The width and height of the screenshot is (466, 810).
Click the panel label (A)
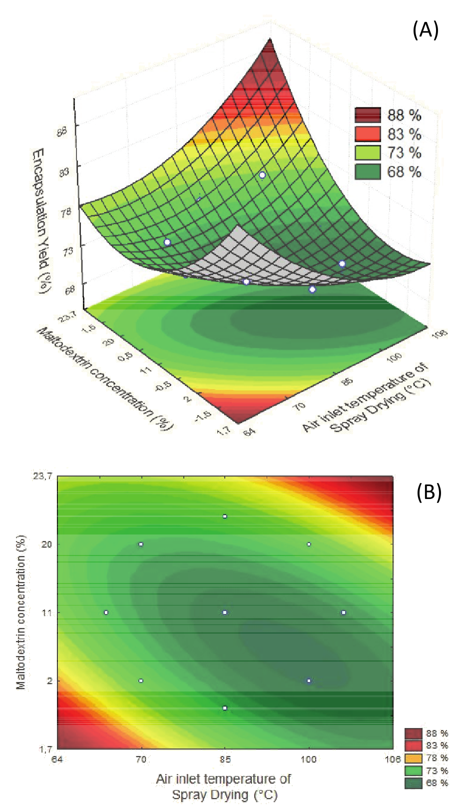[x=425, y=30]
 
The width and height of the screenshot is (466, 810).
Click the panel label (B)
[x=429, y=492]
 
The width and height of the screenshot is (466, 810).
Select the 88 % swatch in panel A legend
[x=368, y=115]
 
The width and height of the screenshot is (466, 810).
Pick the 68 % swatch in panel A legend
[x=368, y=171]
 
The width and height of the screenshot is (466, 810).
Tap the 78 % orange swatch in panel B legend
[x=413, y=758]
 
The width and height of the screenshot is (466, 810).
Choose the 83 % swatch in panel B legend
[x=413, y=745]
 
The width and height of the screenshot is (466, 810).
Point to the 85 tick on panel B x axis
[x=225, y=759]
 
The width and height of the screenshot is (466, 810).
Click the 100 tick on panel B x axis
[x=309, y=759]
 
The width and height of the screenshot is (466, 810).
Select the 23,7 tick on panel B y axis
[x=43, y=476]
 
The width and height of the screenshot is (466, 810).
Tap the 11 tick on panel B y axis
[x=47, y=612]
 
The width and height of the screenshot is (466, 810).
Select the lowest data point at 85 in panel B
[x=225, y=708]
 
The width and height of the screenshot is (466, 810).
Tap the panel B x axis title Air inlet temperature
[x=224, y=786]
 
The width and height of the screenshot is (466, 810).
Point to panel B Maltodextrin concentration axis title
[x=21, y=612]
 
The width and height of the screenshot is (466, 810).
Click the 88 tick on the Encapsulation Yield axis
[x=62, y=132]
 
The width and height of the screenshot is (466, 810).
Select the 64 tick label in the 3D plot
[x=248, y=430]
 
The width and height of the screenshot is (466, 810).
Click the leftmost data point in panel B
[x=106, y=612]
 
